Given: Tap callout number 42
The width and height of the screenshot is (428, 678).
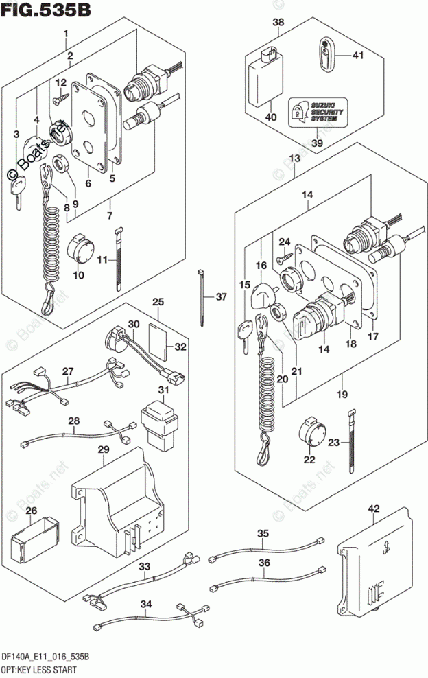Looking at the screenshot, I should pyautogui.click(x=373, y=508).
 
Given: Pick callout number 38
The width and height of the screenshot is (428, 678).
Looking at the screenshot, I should pyautogui.click(x=278, y=23).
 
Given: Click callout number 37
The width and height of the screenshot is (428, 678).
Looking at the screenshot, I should pyautogui.click(x=220, y=297).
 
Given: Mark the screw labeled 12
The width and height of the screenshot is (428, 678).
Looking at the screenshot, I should pyautogui.click(x=62, y=98).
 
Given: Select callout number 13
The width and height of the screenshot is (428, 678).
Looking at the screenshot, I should pyautogui.click(x=295, y=159).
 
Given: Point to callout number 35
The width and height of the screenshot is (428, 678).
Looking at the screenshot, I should pyautogui.click(x=263, y=533).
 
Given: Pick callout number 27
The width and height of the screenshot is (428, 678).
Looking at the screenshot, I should pyautogui.click(x=68, y=371).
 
